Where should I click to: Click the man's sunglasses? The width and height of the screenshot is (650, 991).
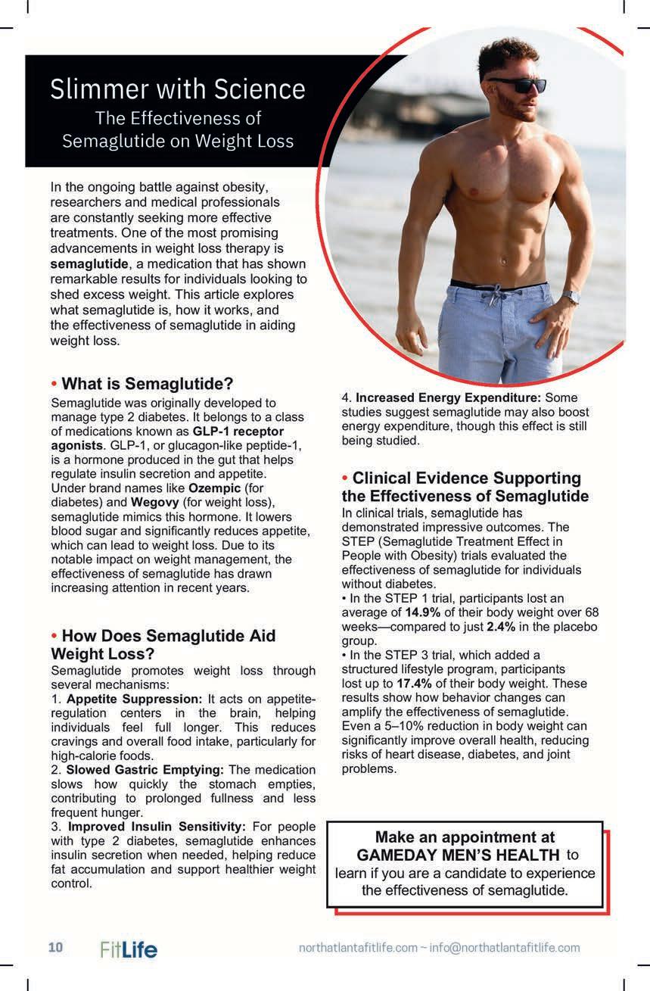tap(517, 85)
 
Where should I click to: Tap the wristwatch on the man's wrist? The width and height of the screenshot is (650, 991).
tap(571, 298)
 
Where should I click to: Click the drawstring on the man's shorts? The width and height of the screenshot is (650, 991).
tap(497, 295)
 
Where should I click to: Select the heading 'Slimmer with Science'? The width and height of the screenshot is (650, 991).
tap(178, 89)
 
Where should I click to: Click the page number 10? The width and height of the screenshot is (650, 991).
tap(56, 947)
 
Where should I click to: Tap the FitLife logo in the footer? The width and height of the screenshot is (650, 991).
tap(129, 949)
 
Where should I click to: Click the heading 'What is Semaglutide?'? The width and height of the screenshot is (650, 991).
tap(147, 383)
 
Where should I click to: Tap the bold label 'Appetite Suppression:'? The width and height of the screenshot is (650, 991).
tap(134, 698)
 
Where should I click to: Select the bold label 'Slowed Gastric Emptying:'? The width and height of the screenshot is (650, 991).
tap(145, 770)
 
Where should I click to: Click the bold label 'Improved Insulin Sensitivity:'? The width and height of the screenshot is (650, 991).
tap(156, 826)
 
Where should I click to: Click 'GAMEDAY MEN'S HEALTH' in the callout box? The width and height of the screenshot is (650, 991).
tap(458, 855)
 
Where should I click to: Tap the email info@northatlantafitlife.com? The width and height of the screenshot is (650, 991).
tap(505, 948)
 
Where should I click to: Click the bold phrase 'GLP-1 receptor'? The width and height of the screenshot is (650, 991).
tap(238, 431)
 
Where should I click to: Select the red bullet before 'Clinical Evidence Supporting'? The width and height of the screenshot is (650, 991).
tap(345, 478)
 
